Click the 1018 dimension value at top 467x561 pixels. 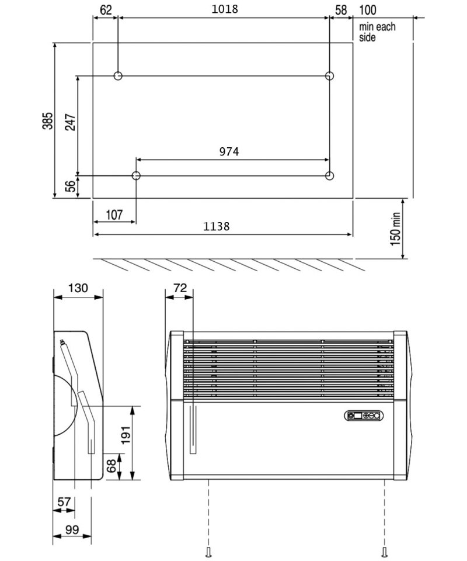[x=224, y=9]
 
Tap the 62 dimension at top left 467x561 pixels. [x=105, y=9]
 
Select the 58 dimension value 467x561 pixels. [x=341, y=9]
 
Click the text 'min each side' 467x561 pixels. [x=377, y=32]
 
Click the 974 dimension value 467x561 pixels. [x=229, y=151]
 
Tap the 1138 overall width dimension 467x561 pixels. [x=216, y=227]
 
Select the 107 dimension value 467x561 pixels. [x=113, y=214]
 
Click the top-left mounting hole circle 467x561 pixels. [x=118, y=76]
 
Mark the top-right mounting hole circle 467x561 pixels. [x=330, y=76]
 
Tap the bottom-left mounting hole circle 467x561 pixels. [x=136, y=175]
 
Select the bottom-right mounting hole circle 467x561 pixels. [x=330, y=175]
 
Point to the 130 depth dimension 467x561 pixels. [x=78, y=288]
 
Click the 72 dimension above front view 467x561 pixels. [x=180, y=288]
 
